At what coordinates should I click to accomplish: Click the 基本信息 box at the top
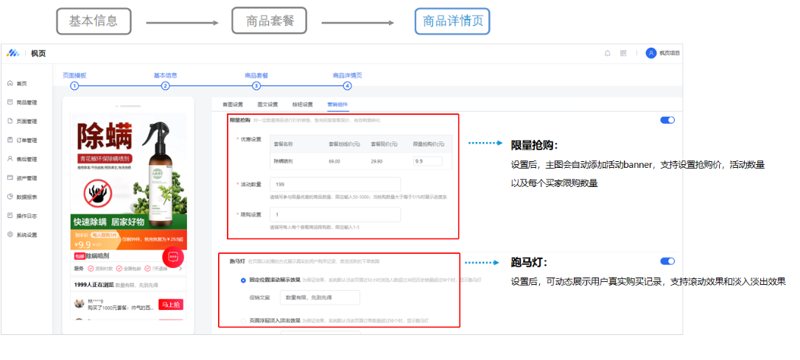click(x=93, y=21)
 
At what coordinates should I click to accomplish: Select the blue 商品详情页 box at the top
click(x=452, y=21)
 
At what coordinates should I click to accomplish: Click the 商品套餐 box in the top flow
click(x=270, y=21)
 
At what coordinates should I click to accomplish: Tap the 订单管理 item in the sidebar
click(x=27, y=140)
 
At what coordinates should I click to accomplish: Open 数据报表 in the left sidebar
click(x=27, y=197)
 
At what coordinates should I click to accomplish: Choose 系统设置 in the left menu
click(x=27, y=235)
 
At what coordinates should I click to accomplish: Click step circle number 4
click(x=347, y=85)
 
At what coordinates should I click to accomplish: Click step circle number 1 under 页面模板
click(x=74, y=85)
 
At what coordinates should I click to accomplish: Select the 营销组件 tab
click(x=337, y=105)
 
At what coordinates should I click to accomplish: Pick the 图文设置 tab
click(x=267, y=105)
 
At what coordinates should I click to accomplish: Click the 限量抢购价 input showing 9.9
click(x=427, y=160)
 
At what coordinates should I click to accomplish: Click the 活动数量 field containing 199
click(x=334, y=185)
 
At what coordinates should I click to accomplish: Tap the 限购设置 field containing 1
click(x=334, y=215)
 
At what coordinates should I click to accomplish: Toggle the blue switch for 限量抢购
click(x=667, y=120)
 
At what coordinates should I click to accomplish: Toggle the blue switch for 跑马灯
click(x=667, y=261)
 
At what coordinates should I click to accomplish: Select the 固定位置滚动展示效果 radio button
click(x=243, y=280)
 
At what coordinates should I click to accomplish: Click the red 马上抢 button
click(x=169, y=304)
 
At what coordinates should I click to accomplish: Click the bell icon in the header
click(x=608, y=53)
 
